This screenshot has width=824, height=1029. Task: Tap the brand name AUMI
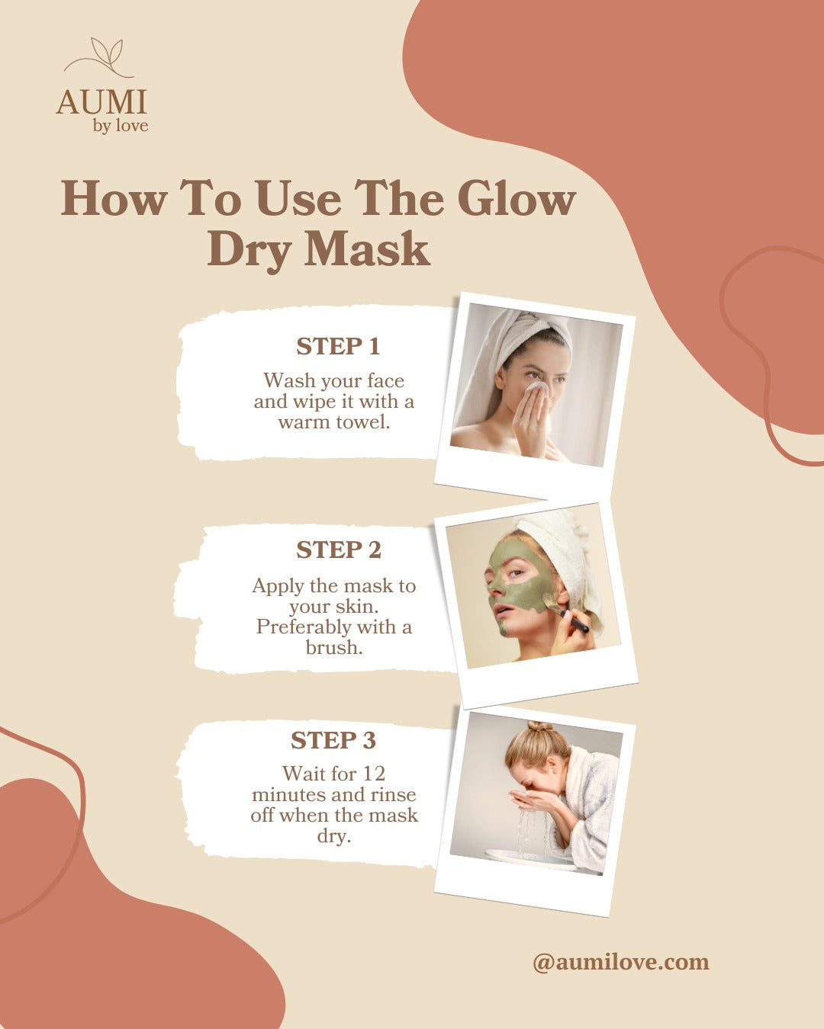[101, 102]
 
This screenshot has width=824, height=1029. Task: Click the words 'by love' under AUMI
[121, 127]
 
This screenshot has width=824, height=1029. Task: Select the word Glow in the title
[517, 198]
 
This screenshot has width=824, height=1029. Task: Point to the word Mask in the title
[367, 248]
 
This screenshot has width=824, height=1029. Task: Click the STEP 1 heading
[338, 346]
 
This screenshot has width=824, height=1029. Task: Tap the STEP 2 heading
[339, 550]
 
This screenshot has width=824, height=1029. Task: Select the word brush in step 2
[333, 647]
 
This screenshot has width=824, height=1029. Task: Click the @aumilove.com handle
[621, 962]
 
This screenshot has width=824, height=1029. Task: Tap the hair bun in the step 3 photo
[540, 726]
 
